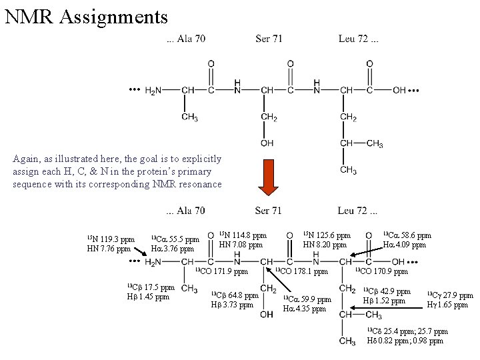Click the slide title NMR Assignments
point(85,15)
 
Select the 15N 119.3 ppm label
point(111,239)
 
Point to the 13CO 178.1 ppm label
point(302,272)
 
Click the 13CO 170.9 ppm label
point(381,272)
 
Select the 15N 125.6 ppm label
point(327,235)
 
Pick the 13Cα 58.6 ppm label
point(407,235)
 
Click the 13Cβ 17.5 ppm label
point(151,287)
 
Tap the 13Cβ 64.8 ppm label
point(234,295)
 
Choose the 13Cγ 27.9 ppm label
point(450,295)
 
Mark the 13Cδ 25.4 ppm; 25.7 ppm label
point(407,331)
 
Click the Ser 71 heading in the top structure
point(269,39)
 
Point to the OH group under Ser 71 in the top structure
point(267,143)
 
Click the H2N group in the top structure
point(153,91)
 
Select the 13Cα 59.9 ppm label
point(307,299)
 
